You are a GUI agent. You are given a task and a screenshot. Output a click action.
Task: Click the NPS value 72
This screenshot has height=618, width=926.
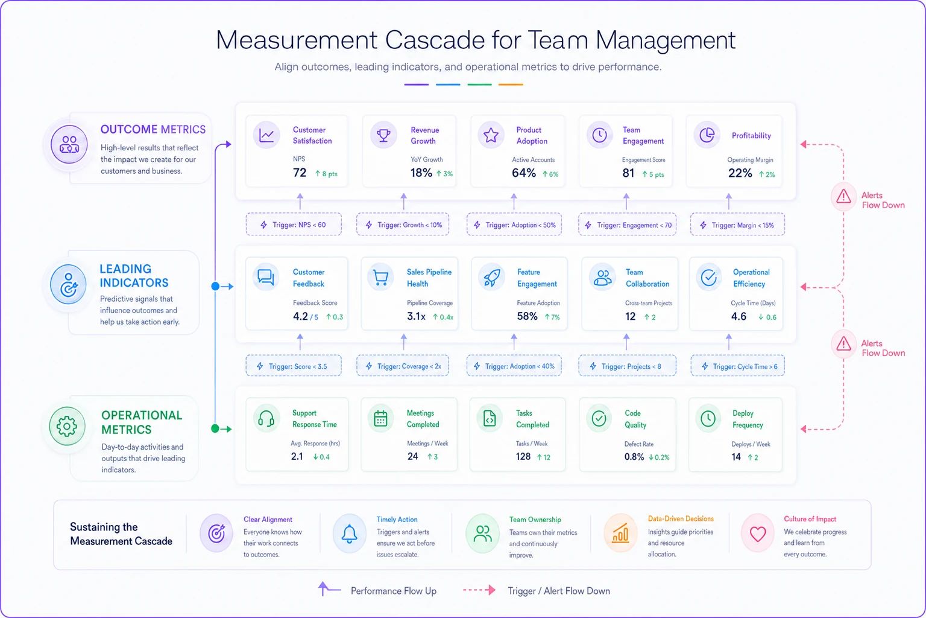pyautogui.click(x=300, y=173)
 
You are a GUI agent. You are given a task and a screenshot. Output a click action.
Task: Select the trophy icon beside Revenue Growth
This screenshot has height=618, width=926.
pyautogui.click(x=383, y=135)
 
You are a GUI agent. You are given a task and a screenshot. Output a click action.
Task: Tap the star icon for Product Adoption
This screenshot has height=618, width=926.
pyautogui.click(x=491, y=135)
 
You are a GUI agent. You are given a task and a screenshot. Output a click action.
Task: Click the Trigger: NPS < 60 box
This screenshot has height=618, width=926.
pyautogui.click(x=294, y=225)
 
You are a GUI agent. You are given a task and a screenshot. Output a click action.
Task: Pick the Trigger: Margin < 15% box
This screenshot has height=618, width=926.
pyautogui.click(x=737, y=225)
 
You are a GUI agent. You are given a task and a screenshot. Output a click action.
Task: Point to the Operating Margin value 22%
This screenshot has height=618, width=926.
pyautogui.click(x=740, y=173)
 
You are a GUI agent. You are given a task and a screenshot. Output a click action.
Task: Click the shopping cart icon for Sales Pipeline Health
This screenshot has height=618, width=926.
pyautogui.click(x=380, y=278)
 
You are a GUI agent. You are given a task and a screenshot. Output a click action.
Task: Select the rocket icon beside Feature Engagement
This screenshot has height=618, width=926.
pyautogui.click(x=491, y=278)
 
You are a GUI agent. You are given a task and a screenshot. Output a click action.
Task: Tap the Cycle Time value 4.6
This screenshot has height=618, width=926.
pyautogui.click(x=739, y=317)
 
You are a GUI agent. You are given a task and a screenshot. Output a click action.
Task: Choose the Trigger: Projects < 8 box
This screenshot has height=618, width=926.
pyautogui.click(x=627, y=366)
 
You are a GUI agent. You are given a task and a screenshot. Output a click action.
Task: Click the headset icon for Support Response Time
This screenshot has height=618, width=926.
pyautogui.click(x=266, y=419)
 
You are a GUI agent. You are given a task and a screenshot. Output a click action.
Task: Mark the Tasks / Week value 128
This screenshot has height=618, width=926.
pyautogui.click(x=523, y=457)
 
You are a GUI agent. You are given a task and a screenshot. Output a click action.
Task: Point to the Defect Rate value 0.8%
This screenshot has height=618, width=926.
pyautogui.click(x=634, y=457)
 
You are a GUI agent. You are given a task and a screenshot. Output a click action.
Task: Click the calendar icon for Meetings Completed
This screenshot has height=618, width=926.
pyautogui.click(x=380, y=419)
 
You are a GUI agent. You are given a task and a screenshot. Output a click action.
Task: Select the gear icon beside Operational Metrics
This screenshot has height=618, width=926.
pyautogui.click(x=67, y=426)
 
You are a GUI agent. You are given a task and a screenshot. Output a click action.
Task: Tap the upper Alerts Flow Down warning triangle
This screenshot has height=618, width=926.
pyautogui.click(x=843, y=197)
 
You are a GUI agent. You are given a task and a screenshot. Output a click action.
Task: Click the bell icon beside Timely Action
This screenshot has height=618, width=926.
pyautogui.click(x=349, y=534)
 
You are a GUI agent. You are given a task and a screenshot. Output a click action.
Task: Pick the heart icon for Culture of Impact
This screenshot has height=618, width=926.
pyautogui.click(x=758, y=534)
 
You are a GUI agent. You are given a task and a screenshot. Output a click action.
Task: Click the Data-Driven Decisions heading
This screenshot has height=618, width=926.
pyautogui.click(x=681, y=518)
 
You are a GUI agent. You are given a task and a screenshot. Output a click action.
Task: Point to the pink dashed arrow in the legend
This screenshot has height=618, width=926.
pyautogui.click(x=479, y=590)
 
